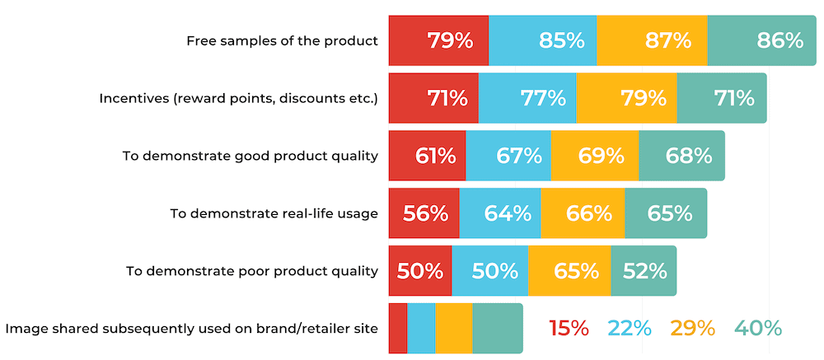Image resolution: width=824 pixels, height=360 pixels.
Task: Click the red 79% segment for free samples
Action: pos(438,40)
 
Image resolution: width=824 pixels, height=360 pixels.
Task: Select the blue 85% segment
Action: pos(543,40)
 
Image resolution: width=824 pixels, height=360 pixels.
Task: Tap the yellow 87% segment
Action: pos(652,40)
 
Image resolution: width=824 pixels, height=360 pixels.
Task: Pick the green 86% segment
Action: pos(762,40)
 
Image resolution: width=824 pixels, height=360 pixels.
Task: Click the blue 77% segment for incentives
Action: pos(527,98)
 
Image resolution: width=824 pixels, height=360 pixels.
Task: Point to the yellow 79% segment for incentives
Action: pos(626,98)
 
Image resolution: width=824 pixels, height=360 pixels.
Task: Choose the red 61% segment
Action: pos(427,156)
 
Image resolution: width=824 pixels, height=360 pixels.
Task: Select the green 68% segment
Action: pos(682,156)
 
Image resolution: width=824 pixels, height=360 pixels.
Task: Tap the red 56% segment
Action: pos(424,213)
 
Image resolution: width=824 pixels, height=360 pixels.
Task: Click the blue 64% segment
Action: pos(500,213)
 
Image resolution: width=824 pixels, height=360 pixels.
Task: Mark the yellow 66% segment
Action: pos(583,213)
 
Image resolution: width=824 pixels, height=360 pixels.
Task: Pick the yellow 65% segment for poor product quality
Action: pos(569,271)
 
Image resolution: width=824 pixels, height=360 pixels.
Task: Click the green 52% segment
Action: pos(644,271)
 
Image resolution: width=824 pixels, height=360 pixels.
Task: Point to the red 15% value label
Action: pos(569,329)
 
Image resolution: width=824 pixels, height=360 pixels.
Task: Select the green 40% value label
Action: pos(757,329)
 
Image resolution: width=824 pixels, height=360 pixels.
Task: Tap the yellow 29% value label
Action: pos(692,329)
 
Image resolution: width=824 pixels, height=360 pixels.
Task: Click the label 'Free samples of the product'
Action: pos(282,40)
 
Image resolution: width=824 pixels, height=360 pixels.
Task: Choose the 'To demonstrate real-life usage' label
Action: pos(274,213)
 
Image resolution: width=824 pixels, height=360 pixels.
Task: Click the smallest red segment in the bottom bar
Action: pos(398,329)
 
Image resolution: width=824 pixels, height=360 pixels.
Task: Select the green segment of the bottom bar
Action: pos(498,329)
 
